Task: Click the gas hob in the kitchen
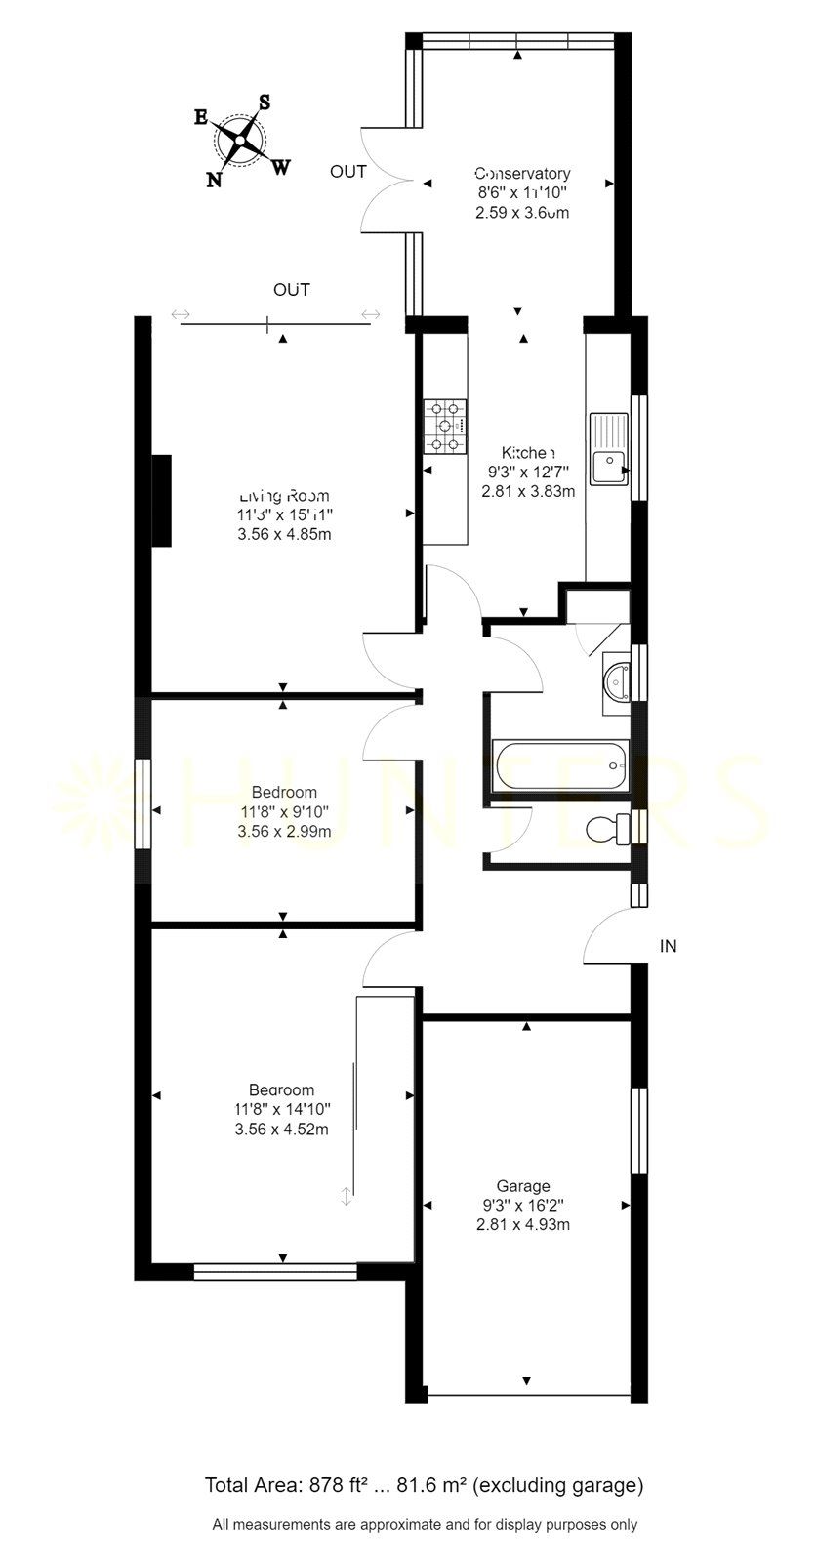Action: click(444, 427)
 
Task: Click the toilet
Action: click(609, 828)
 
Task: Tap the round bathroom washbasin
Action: click(618, 679)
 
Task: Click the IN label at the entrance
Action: click(669, 946)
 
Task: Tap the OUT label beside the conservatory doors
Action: click(348, 172)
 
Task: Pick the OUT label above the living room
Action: click(292, 290)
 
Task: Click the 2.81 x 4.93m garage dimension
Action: click(527, 1224)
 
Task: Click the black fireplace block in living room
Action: click(161, 501)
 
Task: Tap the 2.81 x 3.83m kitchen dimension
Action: click(528, 491)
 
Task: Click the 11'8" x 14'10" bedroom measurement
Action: click(283, 1109)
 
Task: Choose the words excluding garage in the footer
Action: click(558, 1486)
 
